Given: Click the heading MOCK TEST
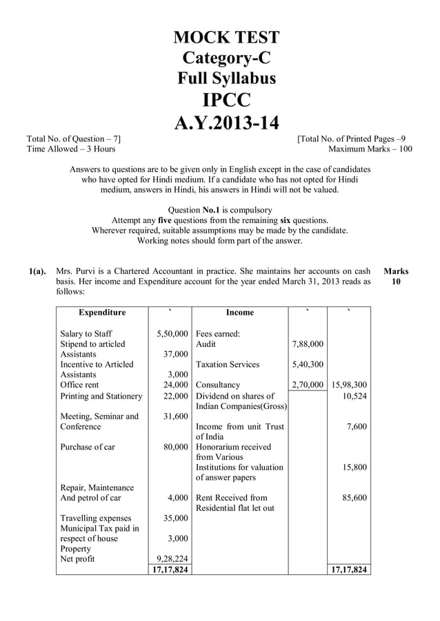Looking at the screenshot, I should (x=226, y=37).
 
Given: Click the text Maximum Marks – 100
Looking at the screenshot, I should (x=370, y=149).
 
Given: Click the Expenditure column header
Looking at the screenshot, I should (x=102, y=313).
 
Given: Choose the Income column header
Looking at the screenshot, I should (x=240, y=313).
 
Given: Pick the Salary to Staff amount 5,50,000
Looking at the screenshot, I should (x=172, y=334).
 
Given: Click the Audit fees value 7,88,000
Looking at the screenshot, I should (x=308, y=344).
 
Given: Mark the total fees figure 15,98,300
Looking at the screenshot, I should (x=349, y=385).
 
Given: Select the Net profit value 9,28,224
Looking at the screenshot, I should (x=172, y=559).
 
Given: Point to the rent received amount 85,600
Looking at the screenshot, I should (x=354, y=498).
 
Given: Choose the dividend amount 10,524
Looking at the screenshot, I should (x=354, y=396).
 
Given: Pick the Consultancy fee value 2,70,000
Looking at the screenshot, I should (x=308, y=385).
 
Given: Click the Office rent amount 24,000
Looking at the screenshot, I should (x=177, y=385).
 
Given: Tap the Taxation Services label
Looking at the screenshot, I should (x=228, y=364).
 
